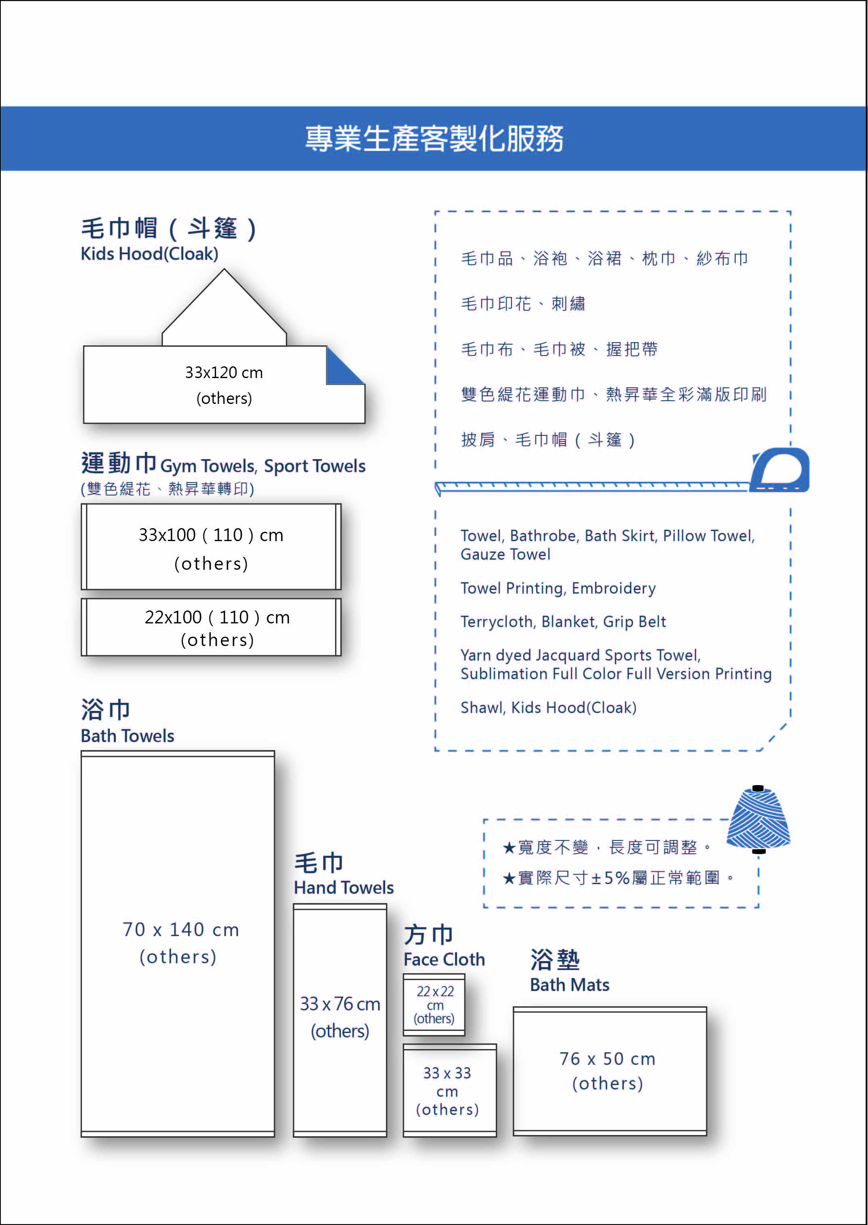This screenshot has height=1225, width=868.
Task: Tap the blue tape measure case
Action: [780, 470]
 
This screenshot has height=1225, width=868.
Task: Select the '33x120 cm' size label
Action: [224, 372]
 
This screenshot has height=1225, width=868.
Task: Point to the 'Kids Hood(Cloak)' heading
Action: [150, 253]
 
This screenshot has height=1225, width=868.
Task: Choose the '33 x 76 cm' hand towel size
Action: [340, 1004]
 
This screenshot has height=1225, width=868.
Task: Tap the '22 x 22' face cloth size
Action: [435, 991]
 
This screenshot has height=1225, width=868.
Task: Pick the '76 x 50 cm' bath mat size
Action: [608, 1058]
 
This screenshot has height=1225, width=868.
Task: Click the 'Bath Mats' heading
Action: [570, 985]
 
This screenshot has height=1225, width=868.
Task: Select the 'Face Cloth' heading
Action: [444, 960]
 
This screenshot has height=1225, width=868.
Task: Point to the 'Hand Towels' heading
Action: [344, 887]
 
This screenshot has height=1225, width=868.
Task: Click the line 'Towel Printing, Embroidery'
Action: [558, 588]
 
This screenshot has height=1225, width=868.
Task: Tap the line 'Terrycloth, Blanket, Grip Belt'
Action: [563, 622]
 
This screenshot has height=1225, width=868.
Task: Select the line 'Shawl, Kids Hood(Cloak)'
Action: [548, 707]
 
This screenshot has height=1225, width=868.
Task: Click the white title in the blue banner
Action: [434, 139]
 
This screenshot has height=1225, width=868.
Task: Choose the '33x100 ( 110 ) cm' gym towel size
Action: [211, 535]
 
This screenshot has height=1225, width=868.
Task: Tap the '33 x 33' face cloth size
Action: [447, 1073]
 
